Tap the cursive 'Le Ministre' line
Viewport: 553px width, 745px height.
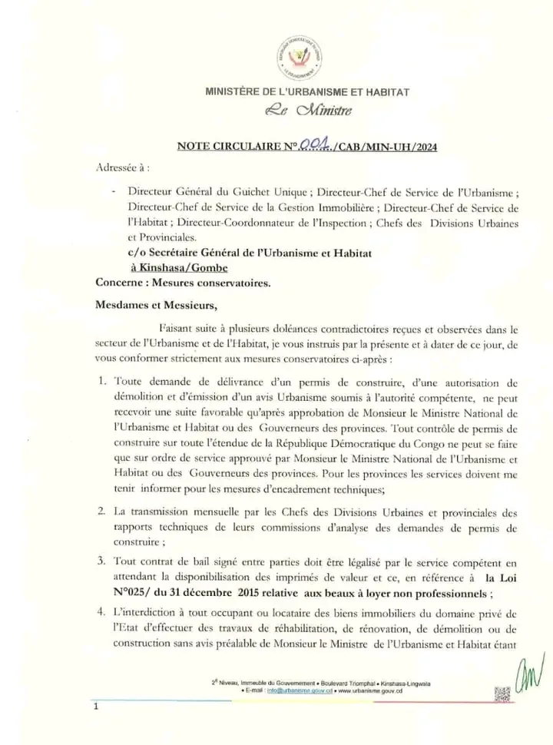[x=306, y=114]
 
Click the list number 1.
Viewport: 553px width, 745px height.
[x=102, y=381]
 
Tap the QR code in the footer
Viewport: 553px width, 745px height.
[x=502, y=694]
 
